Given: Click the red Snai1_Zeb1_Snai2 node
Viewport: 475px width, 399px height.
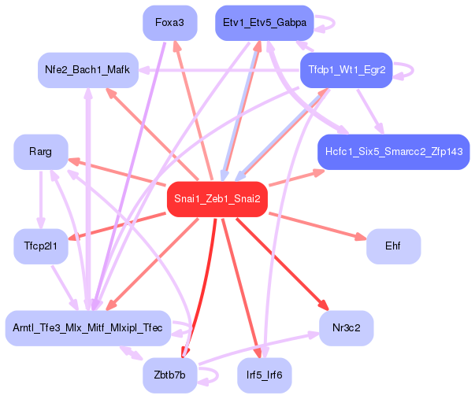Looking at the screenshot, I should pos(217,198).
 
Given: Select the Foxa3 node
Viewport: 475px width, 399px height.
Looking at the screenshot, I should pos(169,23).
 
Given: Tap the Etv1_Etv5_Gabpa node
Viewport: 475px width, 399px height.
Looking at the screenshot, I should pos(265,23).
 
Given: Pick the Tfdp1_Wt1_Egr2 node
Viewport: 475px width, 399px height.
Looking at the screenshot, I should pos(346,70).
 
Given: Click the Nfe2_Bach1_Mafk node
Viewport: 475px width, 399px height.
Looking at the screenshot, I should pos(87,70).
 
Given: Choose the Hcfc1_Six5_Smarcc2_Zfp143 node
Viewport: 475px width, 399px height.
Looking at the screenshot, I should pos(393,150).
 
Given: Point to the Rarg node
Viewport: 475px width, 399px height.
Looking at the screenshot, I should pos(40,151).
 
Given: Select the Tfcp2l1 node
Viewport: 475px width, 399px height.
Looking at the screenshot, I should pos(40,246).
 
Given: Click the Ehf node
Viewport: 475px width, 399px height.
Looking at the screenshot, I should pos(393,246).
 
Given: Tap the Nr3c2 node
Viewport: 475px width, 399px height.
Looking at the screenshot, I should pos(346,327).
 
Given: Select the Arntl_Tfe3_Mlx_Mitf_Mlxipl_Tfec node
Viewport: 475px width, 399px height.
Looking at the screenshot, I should pos(87,327).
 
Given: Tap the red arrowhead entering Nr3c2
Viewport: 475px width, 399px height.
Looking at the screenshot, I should pos(323,306).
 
